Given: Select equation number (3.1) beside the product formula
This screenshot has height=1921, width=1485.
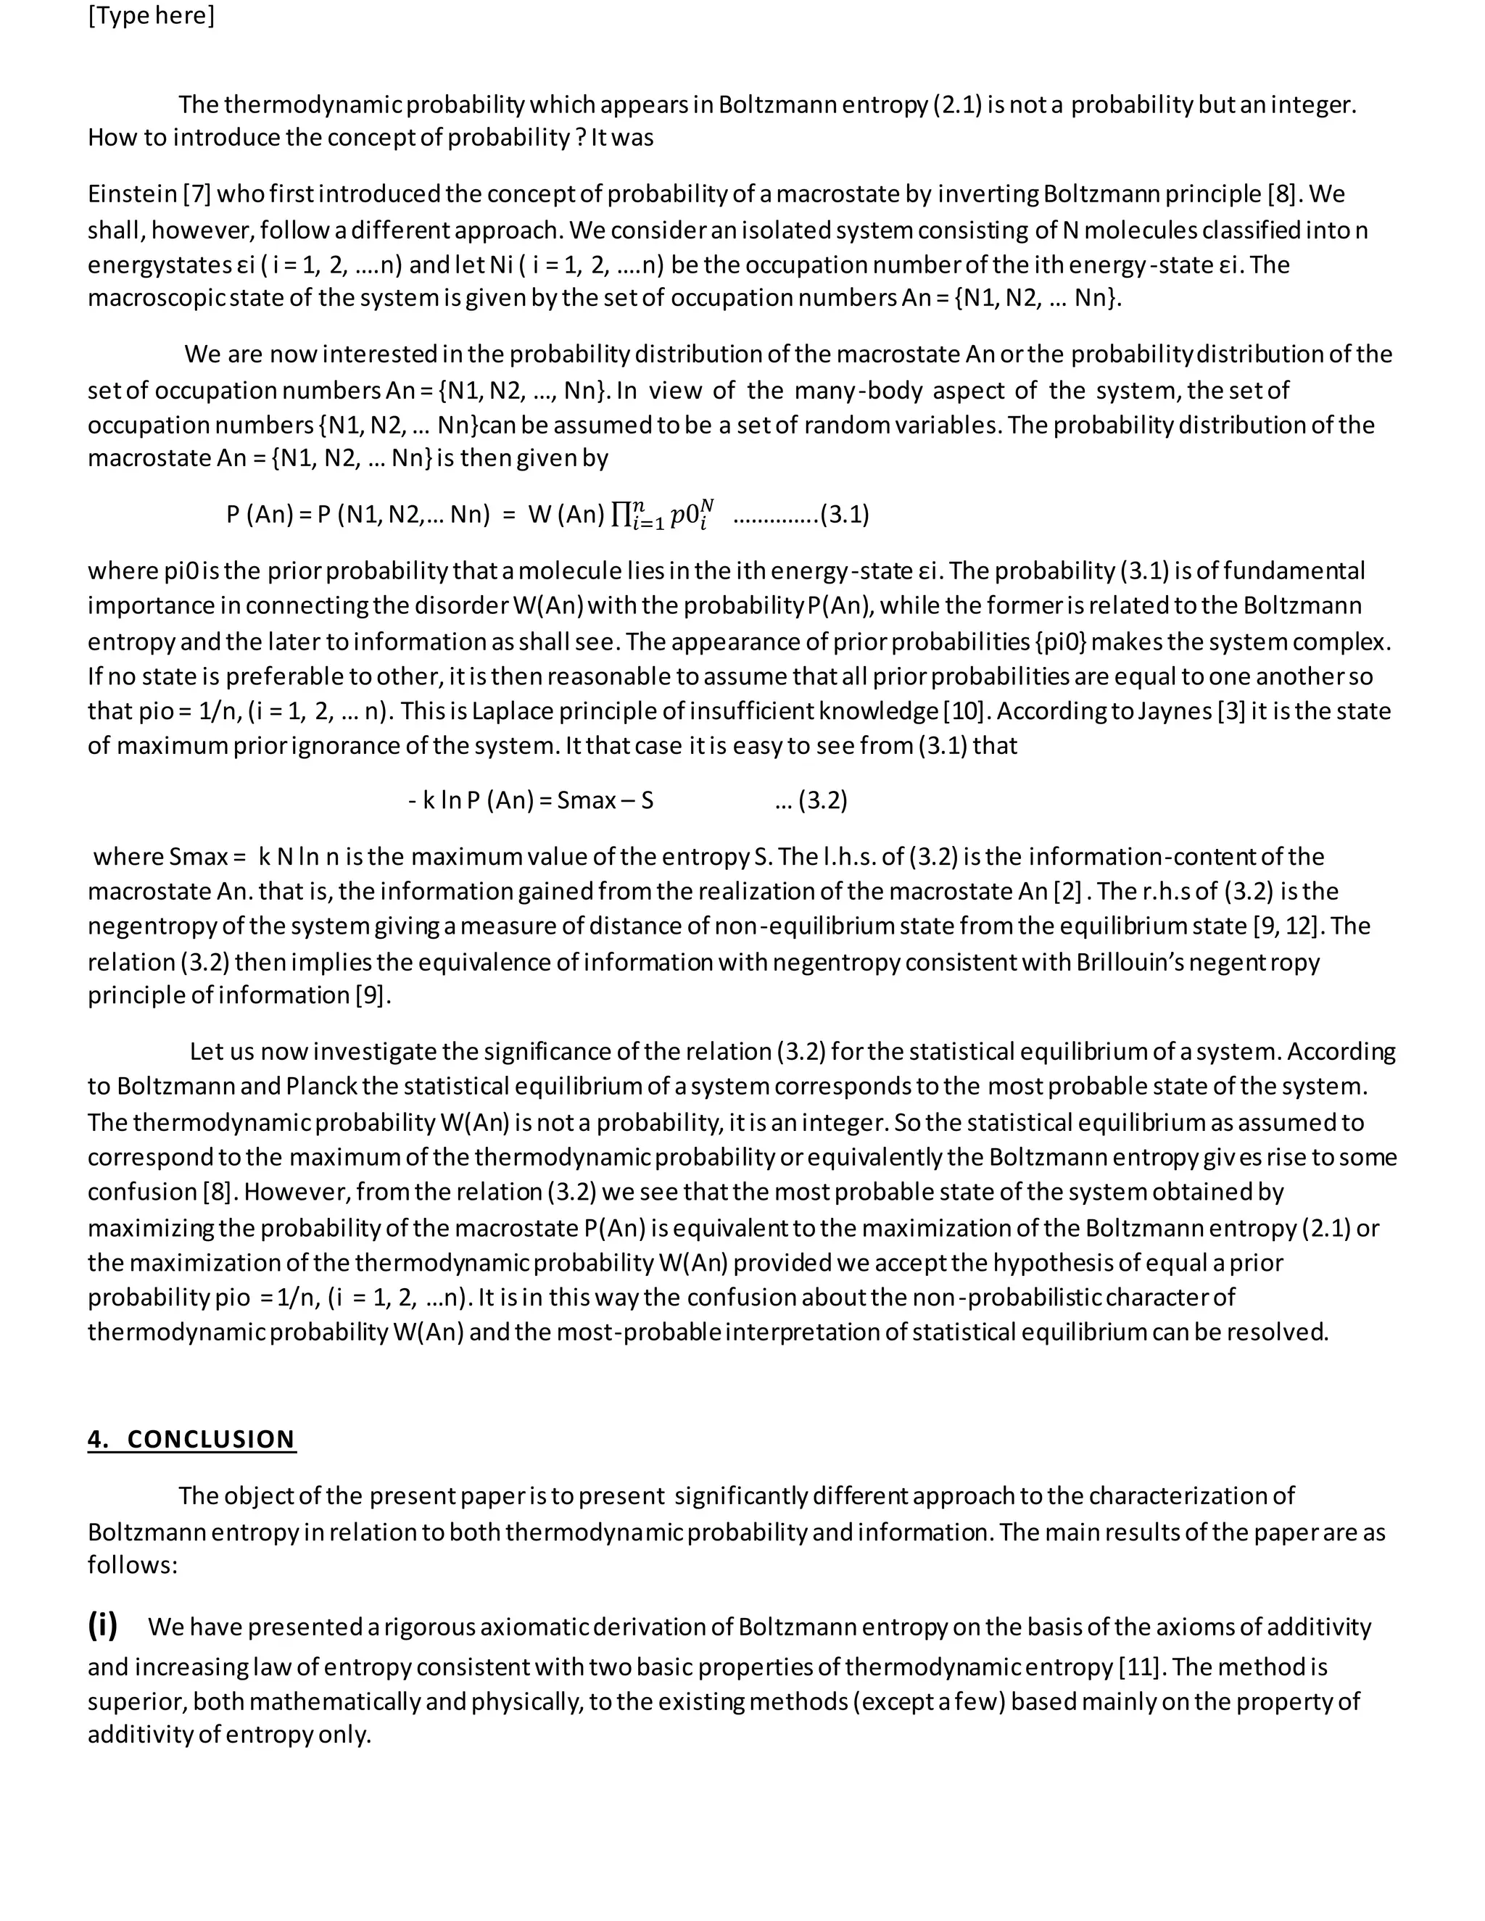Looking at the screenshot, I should [x=845, y=515].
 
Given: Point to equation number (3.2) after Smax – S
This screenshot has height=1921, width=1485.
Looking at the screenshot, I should [x=822, y=800].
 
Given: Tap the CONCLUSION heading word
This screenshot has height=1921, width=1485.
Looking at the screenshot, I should [x=210, y=1440].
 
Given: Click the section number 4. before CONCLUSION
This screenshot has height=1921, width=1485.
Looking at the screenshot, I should [x=98, y=1440].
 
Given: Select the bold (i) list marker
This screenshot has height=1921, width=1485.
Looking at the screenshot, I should [x=102, y=1625].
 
